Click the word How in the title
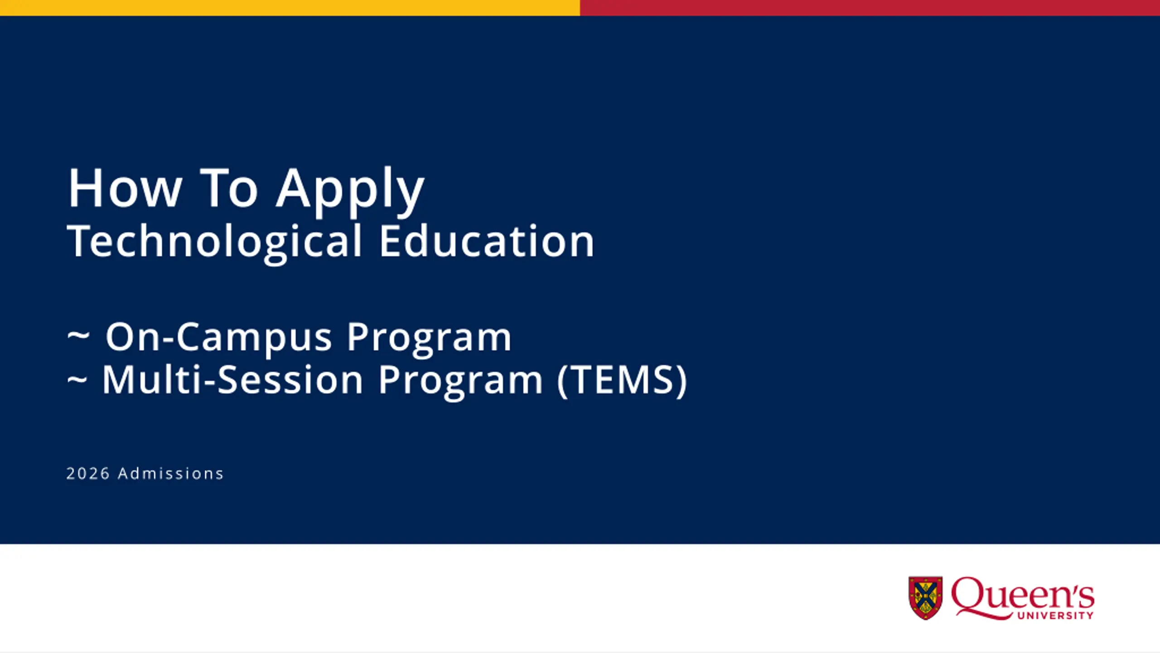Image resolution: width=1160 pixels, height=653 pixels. pos(125,188)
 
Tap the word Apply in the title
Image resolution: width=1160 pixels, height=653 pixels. pos(350,191)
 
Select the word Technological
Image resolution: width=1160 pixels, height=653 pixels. pos(215,243)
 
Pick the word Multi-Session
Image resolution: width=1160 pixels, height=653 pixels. pos(232,380)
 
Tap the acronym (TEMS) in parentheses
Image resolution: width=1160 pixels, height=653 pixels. pos(622,381)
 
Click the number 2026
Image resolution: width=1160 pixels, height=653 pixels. pos(88,473)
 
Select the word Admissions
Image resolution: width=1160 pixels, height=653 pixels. pos(171,473)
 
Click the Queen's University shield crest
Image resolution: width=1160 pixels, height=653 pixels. pos(926,597)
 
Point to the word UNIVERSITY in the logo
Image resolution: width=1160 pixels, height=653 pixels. pos(1055,615)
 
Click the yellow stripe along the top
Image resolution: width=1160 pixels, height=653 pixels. pos(290,8)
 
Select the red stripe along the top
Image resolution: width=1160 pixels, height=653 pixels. pos(870,8)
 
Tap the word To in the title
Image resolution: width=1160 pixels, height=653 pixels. pos(229,188)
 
